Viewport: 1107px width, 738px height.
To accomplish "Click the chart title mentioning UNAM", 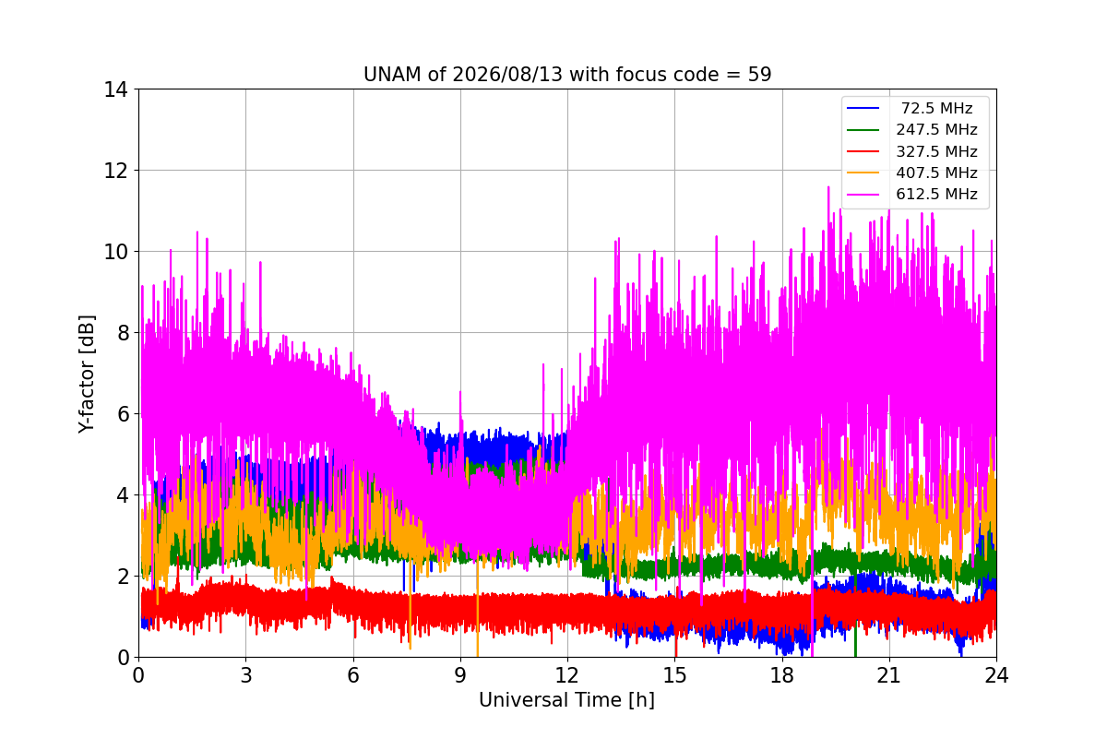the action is click(566, 75).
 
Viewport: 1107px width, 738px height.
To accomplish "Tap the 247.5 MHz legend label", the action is click(936, 129).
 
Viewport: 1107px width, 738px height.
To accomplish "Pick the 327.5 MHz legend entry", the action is click(912, 151).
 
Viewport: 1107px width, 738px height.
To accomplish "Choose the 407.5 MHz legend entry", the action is click(912, 173).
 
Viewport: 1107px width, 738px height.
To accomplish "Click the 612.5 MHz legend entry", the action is click(912, 194).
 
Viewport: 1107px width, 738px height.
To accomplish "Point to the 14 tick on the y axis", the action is click(115, 90).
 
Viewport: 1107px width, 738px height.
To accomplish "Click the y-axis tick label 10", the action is click(115, 252).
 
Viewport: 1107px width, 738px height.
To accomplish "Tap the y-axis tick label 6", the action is click(123, 414).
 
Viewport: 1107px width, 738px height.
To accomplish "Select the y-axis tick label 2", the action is click(123, 577).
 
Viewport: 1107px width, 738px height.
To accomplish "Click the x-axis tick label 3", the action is click(246, 675).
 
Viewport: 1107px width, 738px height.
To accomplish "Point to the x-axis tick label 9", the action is click(460, 675).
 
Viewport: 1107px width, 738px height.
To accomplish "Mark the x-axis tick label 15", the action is click(675, 675).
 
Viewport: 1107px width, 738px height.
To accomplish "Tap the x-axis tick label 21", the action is click(889, 675).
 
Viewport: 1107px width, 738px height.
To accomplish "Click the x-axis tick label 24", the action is click(996, 675).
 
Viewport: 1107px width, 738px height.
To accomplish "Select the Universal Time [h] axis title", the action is click(566, 700).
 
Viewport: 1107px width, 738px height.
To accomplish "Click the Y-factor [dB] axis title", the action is click(87, 375).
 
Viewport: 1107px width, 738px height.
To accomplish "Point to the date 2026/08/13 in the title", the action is click(507, 75).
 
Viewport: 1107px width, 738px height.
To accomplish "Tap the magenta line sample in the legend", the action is click(863, 195).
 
